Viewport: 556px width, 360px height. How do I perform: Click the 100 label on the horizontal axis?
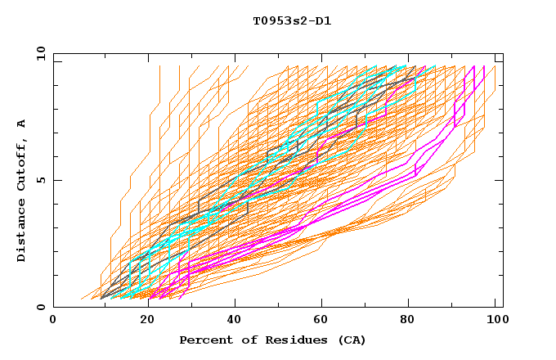[x=496, y=320]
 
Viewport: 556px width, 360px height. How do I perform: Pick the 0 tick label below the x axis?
[x=54, y=320]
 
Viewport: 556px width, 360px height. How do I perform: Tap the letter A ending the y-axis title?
[x=21, y=124]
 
